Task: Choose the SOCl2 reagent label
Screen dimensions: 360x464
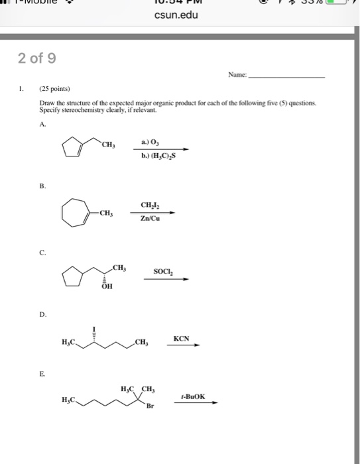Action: tap(163, 270)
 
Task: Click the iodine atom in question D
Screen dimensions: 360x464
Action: tap(95, 329)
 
